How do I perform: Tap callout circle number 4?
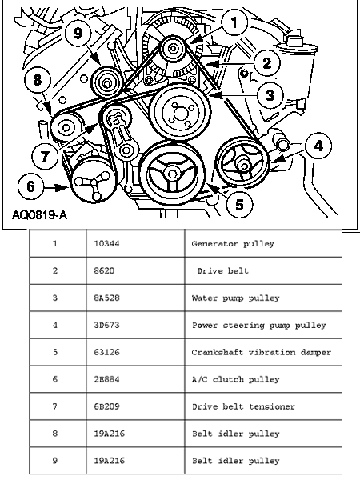tap(318, 146)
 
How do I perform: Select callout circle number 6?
tap(30, 186)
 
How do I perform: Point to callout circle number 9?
tap(78, 33)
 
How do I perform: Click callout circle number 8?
tap(38, 80)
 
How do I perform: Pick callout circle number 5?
tap(239, 204)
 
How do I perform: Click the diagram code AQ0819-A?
tap(39, 215)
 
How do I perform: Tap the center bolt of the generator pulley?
tap(174, 48)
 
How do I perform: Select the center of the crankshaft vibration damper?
tap(172, 174)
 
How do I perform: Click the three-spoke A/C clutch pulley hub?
tap(92, 182)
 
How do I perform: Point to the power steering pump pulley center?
tap(244, 166)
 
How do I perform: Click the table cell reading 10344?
tap(106, 244)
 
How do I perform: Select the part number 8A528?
tap(106, 298)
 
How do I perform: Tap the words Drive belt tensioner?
tap(243, 406)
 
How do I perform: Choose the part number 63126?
tap(106, 352)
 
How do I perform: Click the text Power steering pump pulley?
tap(259, 326)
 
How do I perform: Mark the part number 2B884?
tap(106, 379)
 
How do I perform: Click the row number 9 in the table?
tap(54, 461)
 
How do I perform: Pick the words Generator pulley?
tap(233, 244)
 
